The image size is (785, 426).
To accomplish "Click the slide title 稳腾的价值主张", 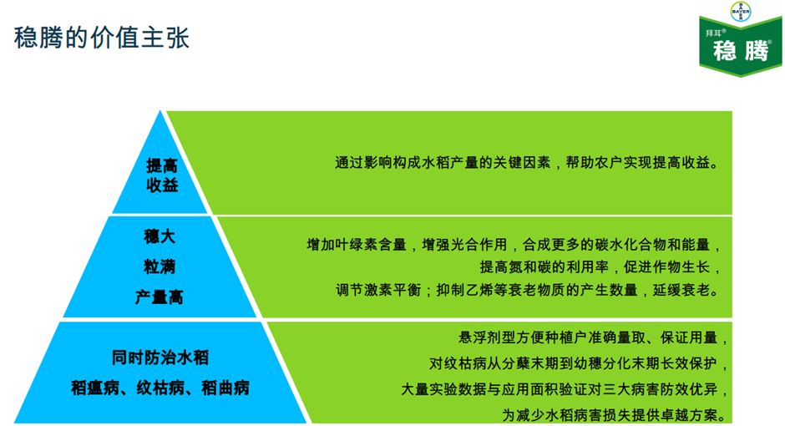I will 102,38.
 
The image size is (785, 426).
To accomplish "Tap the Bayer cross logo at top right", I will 740,12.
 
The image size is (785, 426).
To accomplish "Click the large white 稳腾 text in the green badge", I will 740,51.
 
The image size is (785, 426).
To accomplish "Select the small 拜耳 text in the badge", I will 715,33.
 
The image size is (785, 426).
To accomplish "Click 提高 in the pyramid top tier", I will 163,165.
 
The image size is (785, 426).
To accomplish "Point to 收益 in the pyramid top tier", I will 163,185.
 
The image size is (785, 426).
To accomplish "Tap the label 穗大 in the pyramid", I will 160,236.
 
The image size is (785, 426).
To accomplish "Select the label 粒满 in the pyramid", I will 160,266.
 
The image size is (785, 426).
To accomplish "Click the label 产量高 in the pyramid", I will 160,297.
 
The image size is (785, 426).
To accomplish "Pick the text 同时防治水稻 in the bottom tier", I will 160,358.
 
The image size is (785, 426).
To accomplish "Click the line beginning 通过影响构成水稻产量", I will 527,163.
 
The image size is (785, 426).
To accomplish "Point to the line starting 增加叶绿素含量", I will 513,246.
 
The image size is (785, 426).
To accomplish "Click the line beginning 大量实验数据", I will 565,389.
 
